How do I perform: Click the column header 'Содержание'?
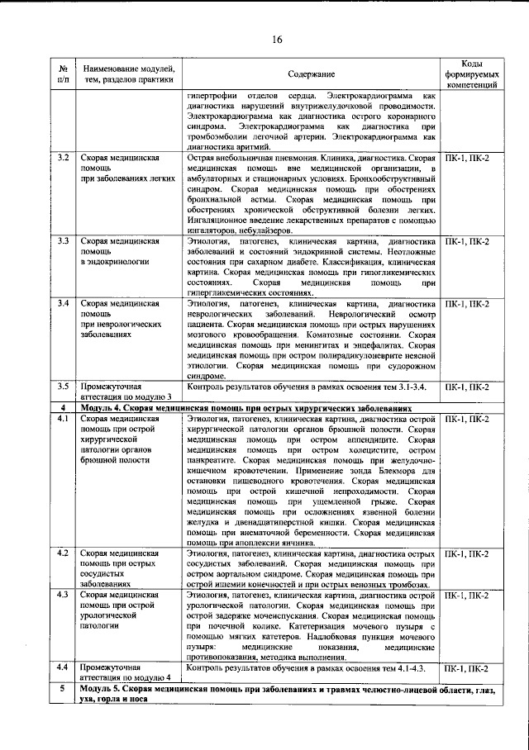point(312,74)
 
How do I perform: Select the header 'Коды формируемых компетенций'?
point(471,74)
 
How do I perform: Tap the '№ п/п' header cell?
point(62,74)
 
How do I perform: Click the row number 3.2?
point(62,158)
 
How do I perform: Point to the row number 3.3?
point(62,241)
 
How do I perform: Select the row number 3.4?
point(62,304)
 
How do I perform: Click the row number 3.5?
point(62,387)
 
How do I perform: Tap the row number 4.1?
point(62,420)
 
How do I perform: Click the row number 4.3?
point(62,596)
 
